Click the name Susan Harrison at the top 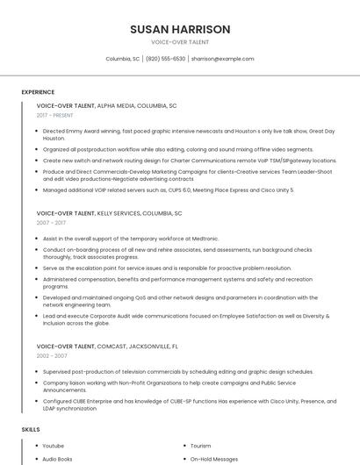click(180, 29)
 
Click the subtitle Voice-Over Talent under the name click(180, 42)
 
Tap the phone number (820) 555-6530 click(166, 59)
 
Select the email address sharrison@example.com click(223, 59)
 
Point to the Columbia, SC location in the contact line click(123, 59)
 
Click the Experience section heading click(38, 92)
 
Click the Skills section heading click(31, 429)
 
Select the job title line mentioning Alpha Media click(106, 105)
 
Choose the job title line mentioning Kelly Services click(109, 213)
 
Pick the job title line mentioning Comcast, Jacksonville click(107, 347)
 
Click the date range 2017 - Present click(55, 116)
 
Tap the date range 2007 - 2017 click(51, 224)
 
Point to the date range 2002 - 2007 click(51, 356)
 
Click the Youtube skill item click(54, 446)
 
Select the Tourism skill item click(201, 446)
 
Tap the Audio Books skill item click(57, 459)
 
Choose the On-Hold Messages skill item click(214, 459)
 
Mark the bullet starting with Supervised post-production click(177, 371)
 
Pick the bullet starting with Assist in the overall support click(131, 239)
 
